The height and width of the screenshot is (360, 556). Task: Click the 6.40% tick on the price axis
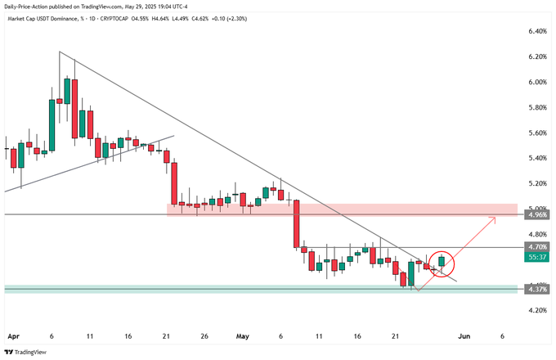[x=537, y=31]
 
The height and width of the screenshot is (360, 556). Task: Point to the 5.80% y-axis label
[x=537, y=107]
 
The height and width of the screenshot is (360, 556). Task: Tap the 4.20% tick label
[x=537, y=310]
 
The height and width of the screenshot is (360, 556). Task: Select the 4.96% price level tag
[x=537, y=214]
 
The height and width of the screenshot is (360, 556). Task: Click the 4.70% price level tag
[x=537, y=246]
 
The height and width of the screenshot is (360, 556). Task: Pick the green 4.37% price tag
[x=537, y=290]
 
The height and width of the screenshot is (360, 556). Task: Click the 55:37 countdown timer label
[x=537, y=256]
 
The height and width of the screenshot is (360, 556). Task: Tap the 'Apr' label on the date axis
[x=12, y=335]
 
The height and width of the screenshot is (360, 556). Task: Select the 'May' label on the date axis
[x=242, y=335]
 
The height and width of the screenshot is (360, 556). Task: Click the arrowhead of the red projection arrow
[x=494, y=218]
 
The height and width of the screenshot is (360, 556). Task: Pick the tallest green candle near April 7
[x=52, y=125]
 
